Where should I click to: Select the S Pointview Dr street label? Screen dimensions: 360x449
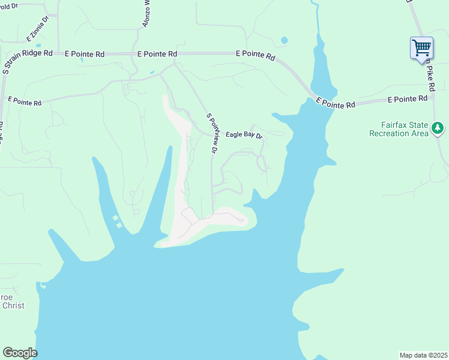pos(210,133)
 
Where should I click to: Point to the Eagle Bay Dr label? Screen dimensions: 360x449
pos(244,135)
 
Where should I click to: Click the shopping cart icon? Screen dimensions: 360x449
pos(421,47)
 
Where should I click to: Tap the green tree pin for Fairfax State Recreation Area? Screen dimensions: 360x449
pos(438,127)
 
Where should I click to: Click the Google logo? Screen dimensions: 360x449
pos(20,353)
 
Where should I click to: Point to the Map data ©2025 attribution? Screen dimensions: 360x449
pos(423,355)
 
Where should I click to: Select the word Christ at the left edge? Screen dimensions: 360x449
pos(13,305)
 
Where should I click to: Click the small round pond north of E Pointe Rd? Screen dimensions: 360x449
pos(284,41)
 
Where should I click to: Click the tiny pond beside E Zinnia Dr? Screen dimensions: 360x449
pos(38,45)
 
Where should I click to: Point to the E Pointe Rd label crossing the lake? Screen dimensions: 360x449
pos(335,103)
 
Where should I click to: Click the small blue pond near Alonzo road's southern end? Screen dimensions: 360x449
pos(152,72)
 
